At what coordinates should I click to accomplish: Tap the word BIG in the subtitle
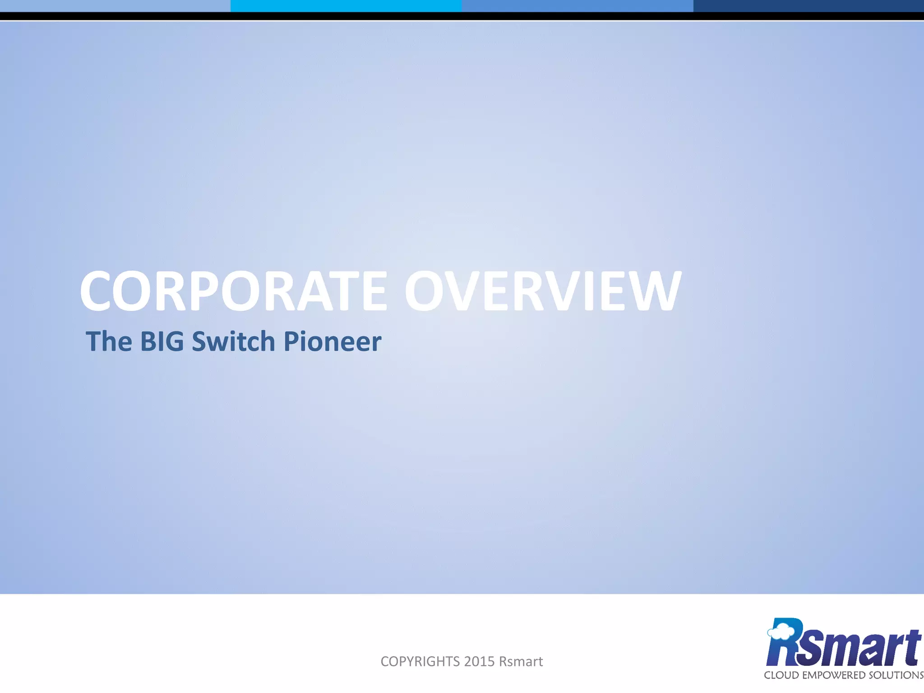point(162,341)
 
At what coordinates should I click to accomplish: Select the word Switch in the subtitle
point(233,341)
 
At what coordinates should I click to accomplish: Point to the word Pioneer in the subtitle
point(332,341)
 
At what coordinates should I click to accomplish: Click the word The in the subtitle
point(109,341)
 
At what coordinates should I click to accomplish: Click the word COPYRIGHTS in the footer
point(420,661)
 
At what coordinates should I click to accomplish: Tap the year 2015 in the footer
point(479,661)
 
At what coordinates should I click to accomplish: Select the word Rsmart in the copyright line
point(521,661)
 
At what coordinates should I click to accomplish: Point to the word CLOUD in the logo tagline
point(780,675)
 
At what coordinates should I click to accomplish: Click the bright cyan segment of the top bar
point(346,5)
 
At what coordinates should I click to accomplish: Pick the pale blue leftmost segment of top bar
point(115,5)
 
